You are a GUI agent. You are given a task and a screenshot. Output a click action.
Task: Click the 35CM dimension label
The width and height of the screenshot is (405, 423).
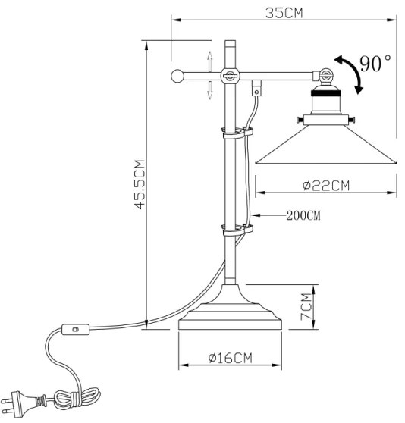[x=285, y=12]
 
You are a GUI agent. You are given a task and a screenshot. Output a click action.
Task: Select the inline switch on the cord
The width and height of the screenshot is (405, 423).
[x=75, y=329]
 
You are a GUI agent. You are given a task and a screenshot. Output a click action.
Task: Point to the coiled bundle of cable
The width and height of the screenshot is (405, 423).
[x=80, y=399]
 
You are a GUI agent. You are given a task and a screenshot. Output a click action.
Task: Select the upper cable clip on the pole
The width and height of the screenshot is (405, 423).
[x=234, y=135]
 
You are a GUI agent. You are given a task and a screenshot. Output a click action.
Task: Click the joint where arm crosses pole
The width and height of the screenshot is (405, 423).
[x=228, y=75]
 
